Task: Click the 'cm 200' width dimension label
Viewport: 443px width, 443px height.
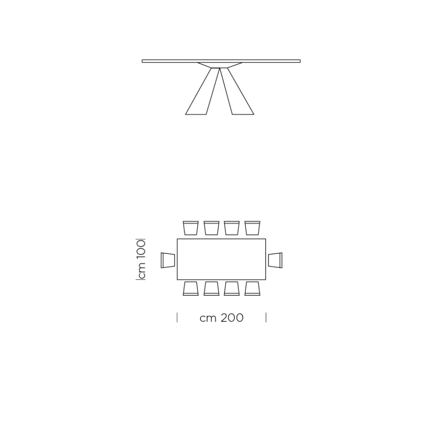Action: click(x=221, y=318)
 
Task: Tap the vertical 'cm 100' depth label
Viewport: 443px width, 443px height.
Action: click(x=141, y=260)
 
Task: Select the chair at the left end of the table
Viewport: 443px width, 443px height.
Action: click(x=168, y=260)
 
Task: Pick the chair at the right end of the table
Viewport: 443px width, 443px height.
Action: click(x=275, y=260)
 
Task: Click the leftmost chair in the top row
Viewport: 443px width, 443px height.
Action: click(x=190, y=228)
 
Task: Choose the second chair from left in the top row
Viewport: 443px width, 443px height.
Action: click(x=211, y=228)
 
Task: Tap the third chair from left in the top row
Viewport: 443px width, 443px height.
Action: click(x=232, y=228)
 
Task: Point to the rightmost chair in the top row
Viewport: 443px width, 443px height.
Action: click(x=253, y=228)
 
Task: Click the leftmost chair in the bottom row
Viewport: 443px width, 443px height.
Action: click(x=190, y=288)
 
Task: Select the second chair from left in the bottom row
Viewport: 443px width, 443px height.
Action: click(x=211, y=288)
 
